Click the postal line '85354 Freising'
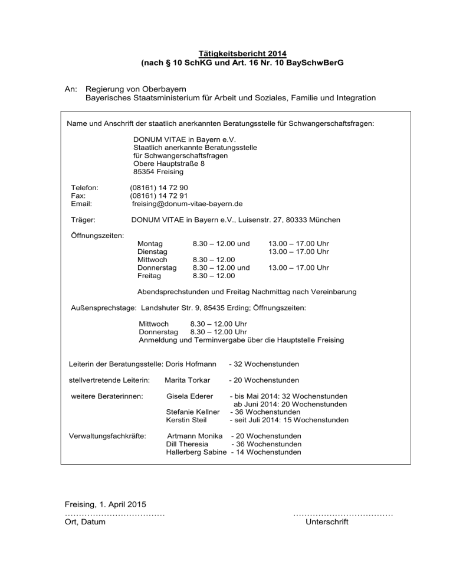(158, 172)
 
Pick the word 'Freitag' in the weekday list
(149, 275)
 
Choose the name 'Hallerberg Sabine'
(196, 452)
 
